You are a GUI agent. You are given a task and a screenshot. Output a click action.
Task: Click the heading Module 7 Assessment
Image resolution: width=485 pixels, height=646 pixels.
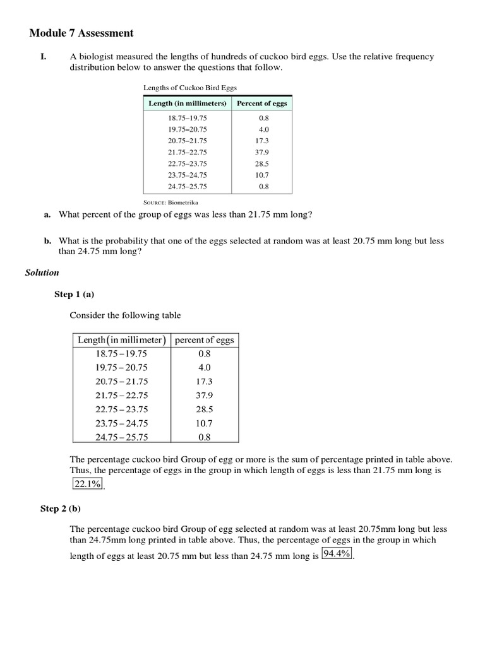coord(82,33)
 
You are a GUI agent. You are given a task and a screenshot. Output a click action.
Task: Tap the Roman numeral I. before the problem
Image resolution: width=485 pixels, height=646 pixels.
coord(44,57)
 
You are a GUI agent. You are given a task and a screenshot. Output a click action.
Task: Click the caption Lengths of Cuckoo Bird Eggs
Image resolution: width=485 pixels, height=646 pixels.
coord(189,88)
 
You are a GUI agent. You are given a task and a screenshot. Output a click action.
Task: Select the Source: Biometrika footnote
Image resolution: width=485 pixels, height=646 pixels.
coord(166,203)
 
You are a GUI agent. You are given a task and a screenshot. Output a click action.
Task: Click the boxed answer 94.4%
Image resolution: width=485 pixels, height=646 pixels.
coord(337,554)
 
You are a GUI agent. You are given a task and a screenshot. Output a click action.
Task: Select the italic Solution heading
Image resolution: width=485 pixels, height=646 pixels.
coord(42,273)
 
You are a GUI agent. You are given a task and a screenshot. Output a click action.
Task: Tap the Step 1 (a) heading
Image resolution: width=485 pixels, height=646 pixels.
coord(74,295)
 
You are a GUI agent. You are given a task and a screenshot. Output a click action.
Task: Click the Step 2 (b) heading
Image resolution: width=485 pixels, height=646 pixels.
coord(61,508)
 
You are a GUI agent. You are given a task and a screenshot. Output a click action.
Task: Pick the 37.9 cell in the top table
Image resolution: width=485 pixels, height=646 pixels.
coord(263,152)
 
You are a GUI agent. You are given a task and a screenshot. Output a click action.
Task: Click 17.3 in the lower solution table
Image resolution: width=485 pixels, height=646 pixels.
coord(204,381)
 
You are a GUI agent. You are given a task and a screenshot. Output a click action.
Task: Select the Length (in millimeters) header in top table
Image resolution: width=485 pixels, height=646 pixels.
coord(187,103)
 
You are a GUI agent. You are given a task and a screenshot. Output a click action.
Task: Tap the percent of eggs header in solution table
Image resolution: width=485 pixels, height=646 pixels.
coord(204,339)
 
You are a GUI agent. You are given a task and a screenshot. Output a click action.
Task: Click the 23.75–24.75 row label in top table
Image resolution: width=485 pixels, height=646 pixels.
coord(187,175)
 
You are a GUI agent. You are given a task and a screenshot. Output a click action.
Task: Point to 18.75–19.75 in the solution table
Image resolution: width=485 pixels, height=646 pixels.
coord(121,353)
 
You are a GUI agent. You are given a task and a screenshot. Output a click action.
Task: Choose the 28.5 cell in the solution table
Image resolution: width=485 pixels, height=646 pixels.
coord(204,409)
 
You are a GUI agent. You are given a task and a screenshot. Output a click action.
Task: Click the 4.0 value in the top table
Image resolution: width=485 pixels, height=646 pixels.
coord(263,129)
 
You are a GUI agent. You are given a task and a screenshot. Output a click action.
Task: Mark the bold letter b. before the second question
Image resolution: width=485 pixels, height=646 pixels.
coord(47,240)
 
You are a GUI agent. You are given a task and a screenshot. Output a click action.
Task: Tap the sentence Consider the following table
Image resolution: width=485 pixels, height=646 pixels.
coord(125,315)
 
